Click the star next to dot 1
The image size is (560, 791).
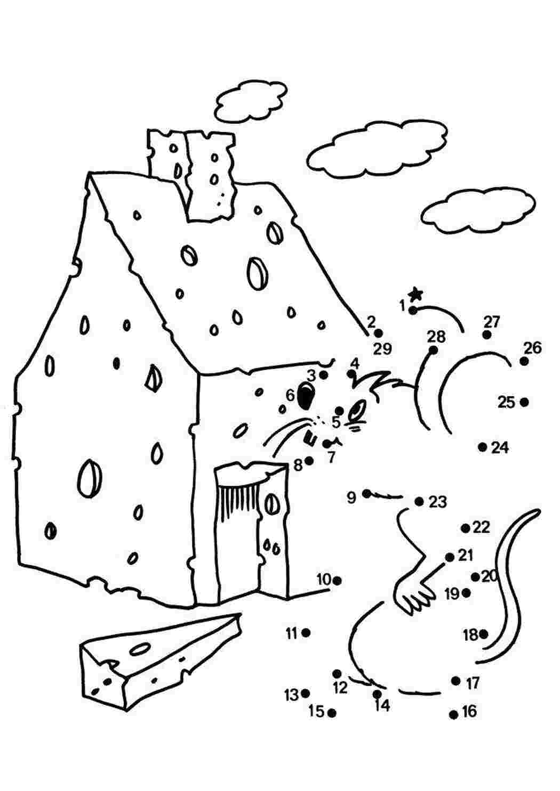pyautogui.click(x=416, y=293)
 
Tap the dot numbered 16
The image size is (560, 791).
pyautogui.click(x=453, y=715)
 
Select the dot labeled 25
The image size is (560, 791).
pyautogui.click(x=524, y=402)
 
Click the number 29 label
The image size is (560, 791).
pyautogui.click(x=382, y=349)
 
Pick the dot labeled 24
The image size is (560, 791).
pyautogui.click(x=483, y=447)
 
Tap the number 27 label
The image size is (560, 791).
pyautogui.click(x=492, y=322)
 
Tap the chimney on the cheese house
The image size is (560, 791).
pyautogui.click(x=191, y=174)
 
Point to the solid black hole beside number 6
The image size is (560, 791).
pyautogui.click(x=306, y=396)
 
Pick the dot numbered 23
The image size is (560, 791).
pyautogui.click(x=419, y=501)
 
